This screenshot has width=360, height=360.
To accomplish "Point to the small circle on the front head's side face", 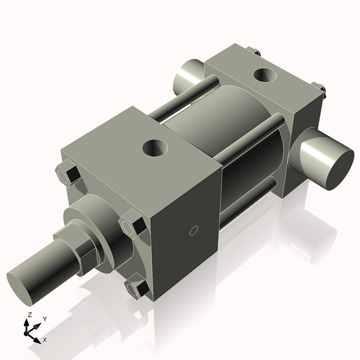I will (192, 230).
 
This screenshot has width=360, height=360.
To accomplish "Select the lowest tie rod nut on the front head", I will (136, 289).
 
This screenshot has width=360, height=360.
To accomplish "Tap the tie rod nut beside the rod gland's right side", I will (132, 225).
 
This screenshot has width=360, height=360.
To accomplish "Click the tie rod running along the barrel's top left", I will (180, 101).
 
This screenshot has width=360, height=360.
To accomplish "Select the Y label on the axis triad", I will (44, 318).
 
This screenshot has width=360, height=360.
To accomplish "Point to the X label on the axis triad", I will (45, 338).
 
